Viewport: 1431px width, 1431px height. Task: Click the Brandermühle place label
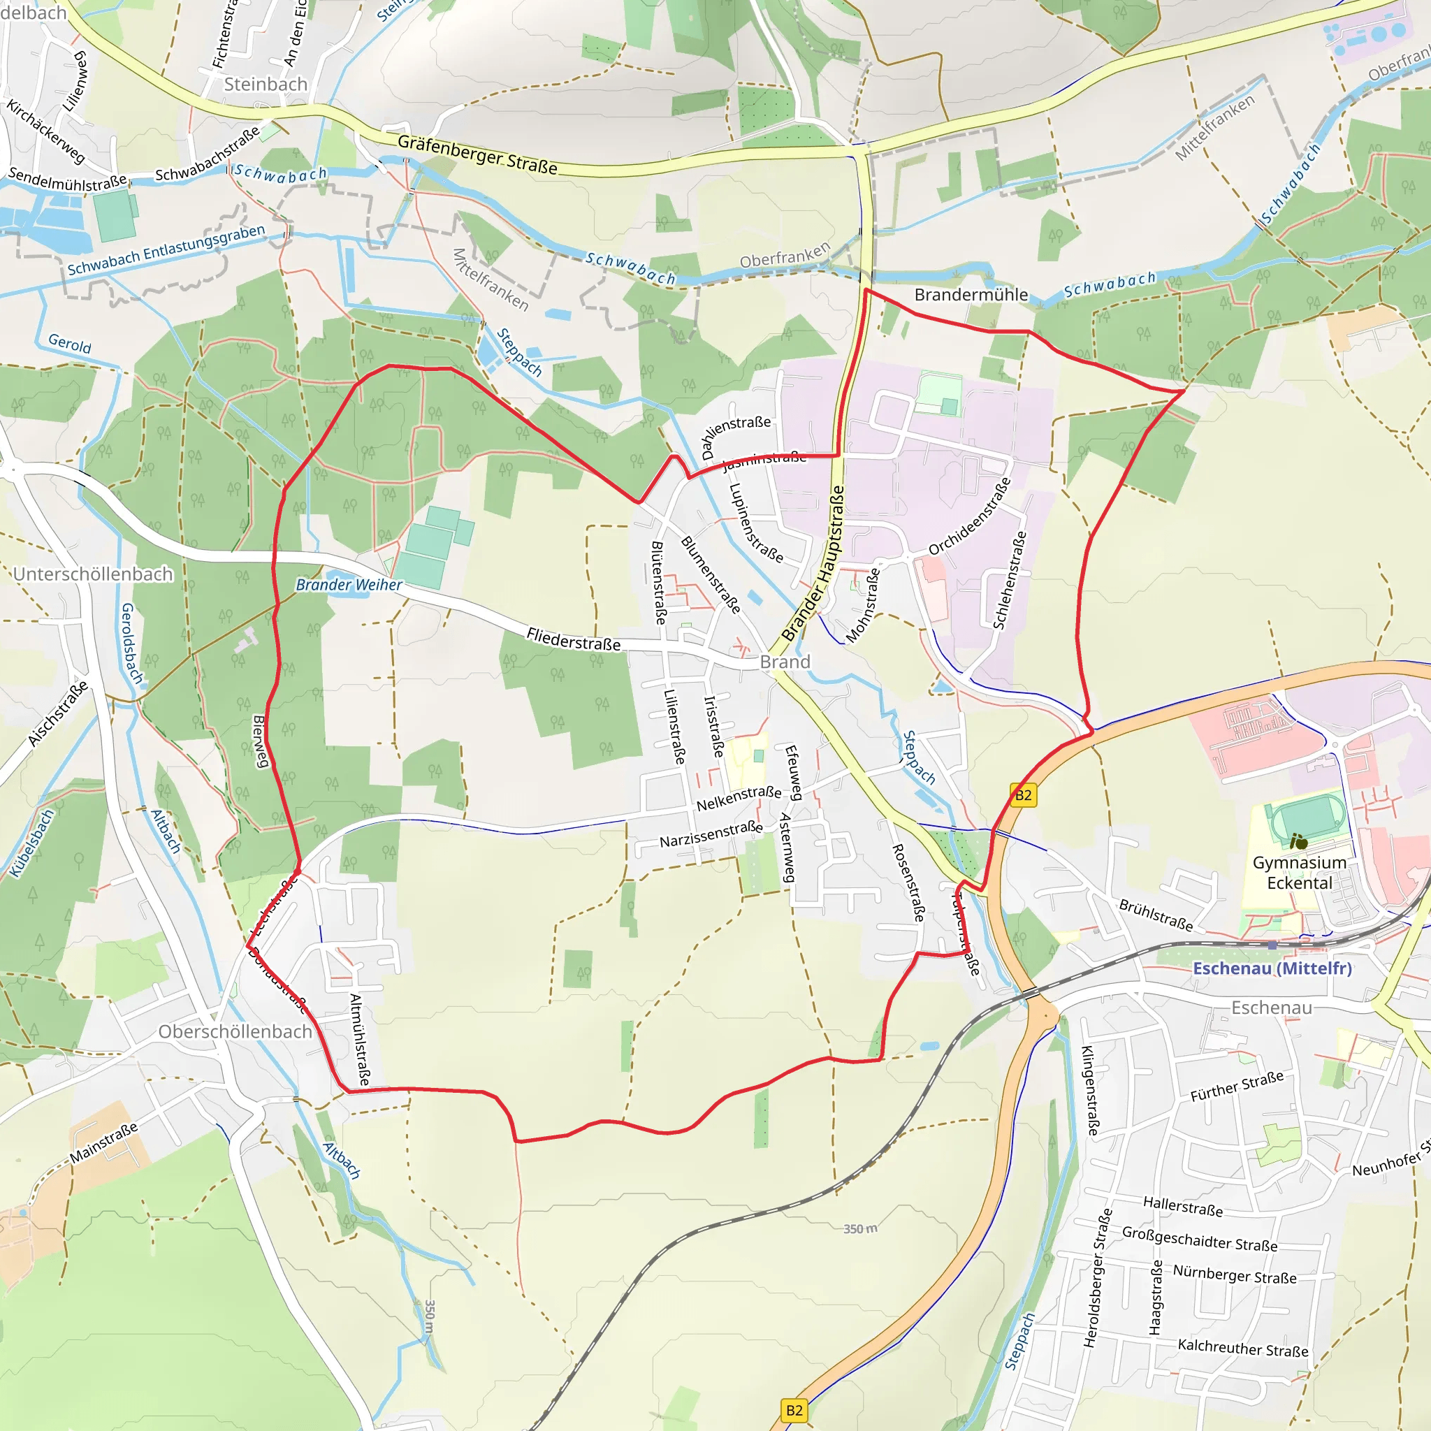click(971, 295)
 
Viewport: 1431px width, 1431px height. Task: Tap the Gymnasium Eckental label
click(1299, 873)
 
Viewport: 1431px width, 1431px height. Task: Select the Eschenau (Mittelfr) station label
click(1272, 968)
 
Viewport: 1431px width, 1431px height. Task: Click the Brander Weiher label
click(349, 584)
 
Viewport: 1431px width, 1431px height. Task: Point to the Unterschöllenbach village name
click(94, 574)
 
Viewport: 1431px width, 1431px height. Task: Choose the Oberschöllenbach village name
click(235, 1032)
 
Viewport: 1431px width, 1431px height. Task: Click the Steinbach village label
click(265, 85)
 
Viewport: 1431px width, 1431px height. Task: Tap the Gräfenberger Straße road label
click(477, 154)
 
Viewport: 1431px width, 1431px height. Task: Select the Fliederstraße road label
click(573, 639)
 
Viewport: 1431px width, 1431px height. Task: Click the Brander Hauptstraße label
click(813, 564)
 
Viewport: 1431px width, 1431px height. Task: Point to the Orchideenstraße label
click(970, 516)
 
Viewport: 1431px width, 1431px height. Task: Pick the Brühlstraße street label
click(1156, 915)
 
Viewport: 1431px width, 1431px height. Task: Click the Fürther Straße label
click(1236, 1087)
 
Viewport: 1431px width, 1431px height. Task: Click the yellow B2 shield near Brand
click(1023, 795)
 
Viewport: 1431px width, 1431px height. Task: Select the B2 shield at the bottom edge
click(794, 1410)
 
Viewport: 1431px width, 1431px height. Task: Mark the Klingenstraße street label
click(1090, 1090)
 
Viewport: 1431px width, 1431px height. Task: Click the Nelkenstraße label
click(739, 797)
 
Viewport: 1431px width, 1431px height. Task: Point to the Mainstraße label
click(103, 1143)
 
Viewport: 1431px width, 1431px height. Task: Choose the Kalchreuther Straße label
click(1242, 1348)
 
